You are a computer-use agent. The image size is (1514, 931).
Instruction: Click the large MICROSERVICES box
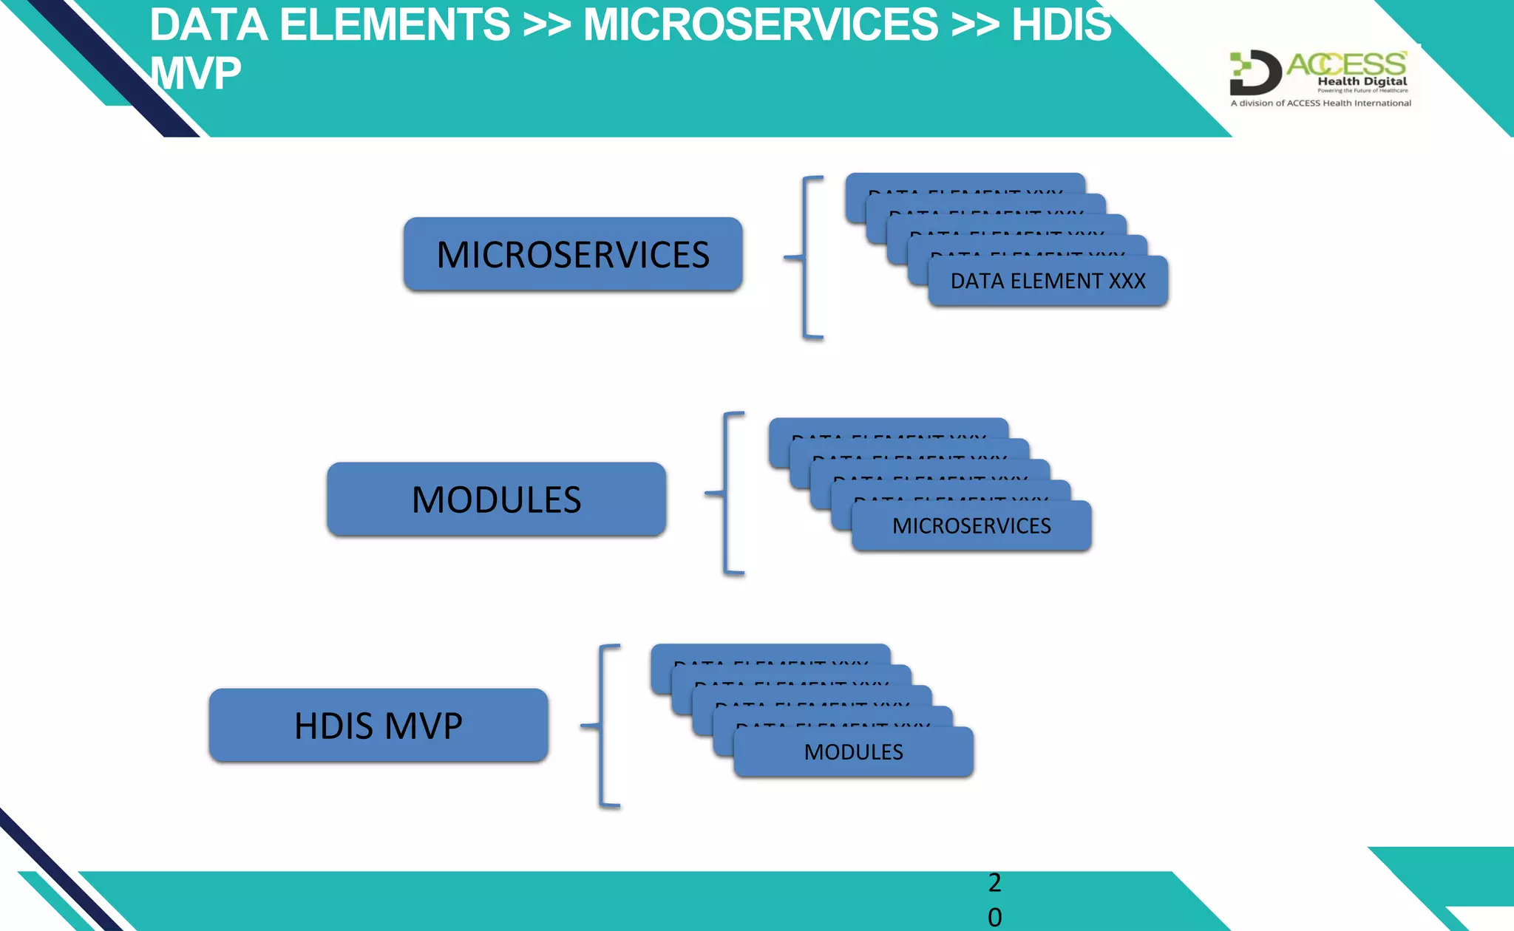573,254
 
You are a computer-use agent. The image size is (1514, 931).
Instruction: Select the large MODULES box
496,499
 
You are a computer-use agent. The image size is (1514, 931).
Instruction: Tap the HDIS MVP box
378,726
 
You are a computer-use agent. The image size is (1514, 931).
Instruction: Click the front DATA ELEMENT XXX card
1048,282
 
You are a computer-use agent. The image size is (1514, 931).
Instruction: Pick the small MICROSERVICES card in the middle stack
971,526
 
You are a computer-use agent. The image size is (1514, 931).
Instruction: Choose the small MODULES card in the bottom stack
853,752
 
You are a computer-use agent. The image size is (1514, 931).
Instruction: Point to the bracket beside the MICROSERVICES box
806,257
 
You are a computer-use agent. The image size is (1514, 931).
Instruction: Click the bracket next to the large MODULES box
726,493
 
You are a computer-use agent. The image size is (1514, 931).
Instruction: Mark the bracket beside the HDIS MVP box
602,726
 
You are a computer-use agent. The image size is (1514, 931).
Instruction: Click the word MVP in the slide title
196,73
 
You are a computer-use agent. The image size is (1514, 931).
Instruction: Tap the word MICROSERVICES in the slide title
761,24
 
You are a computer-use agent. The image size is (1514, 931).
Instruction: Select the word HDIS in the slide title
1061,24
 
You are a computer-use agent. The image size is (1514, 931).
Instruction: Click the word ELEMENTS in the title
395,24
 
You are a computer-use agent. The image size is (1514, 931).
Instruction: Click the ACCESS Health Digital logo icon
1255,72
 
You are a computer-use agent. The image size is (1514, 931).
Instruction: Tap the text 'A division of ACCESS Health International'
1320,103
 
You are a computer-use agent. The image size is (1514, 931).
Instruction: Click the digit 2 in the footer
994,882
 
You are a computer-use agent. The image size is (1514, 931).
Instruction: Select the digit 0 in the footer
994,917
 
